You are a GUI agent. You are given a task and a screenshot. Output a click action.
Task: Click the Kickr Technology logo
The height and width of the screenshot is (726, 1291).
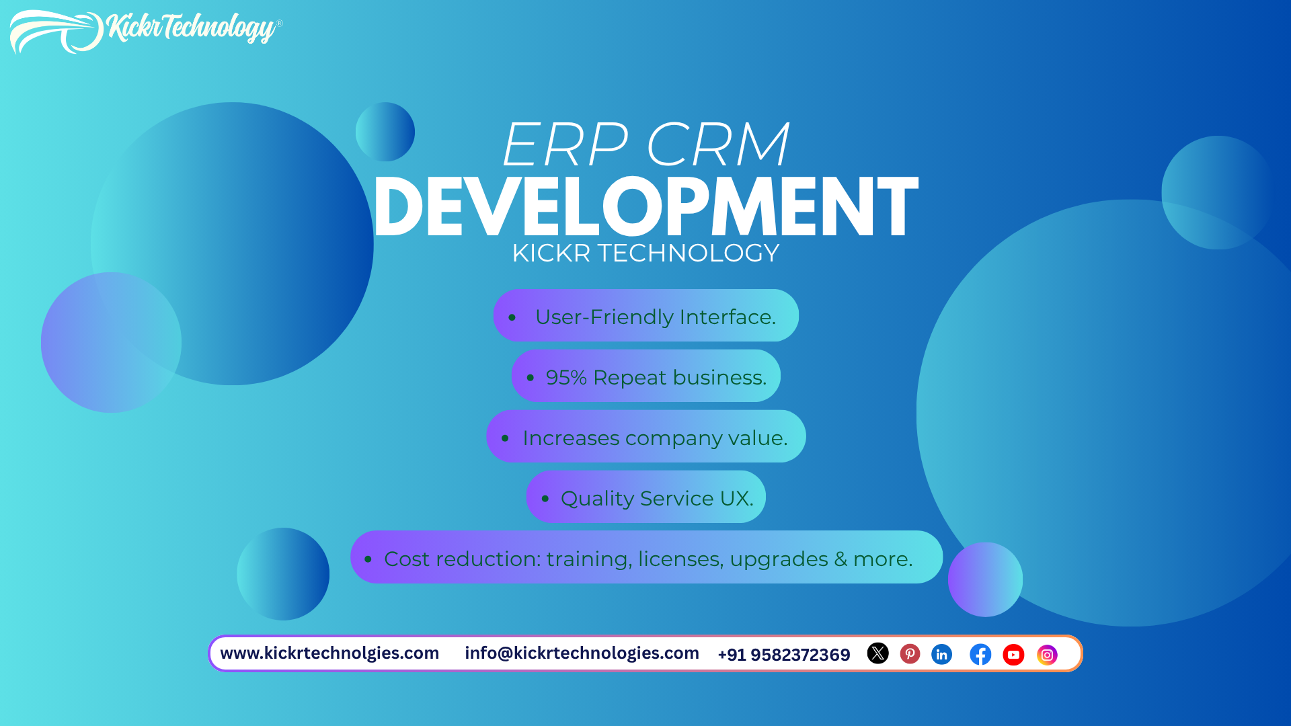pos(145,30)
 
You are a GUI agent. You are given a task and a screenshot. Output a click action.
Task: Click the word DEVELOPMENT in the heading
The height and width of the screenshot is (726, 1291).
pos(645,207)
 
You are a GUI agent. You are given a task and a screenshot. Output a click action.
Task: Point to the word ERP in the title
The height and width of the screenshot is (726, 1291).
pos(565,145)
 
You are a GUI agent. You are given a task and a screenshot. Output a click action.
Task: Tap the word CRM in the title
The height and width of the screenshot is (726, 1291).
pos(717,145)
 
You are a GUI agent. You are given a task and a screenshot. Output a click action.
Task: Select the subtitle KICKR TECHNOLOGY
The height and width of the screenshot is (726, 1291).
pos(645,253)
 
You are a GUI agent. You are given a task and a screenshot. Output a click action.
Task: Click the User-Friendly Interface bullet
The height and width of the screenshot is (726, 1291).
pos(655,317)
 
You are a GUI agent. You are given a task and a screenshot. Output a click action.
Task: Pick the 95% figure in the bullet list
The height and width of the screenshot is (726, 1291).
pos(566,378)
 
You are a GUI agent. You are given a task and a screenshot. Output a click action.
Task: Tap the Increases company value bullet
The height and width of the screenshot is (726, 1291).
pos(654,438)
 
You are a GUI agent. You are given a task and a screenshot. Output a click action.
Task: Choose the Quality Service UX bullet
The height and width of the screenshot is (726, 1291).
pos(656,499)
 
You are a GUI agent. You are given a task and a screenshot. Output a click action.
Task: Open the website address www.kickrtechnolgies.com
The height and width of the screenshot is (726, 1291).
pos(329,653)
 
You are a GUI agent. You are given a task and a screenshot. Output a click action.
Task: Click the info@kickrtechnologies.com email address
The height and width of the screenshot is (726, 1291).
pos(582,653)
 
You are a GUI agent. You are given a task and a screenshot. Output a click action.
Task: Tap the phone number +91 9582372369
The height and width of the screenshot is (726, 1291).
pos(783,655)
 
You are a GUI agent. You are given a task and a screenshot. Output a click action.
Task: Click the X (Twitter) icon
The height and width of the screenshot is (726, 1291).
pos(877,653)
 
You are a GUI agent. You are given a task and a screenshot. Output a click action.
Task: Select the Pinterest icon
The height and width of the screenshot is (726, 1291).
pos(910,653)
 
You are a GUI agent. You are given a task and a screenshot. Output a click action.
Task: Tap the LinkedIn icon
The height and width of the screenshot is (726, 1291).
pos(941,654)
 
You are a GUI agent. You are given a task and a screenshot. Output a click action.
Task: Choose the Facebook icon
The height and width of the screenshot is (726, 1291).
pos(980,654)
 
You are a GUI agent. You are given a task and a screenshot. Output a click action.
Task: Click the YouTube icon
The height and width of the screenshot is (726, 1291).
pos(1013,655)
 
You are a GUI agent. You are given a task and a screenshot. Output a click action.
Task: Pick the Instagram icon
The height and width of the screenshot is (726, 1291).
pos(1047,655)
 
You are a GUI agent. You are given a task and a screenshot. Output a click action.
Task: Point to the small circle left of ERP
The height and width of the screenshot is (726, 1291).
pos(385,132)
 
